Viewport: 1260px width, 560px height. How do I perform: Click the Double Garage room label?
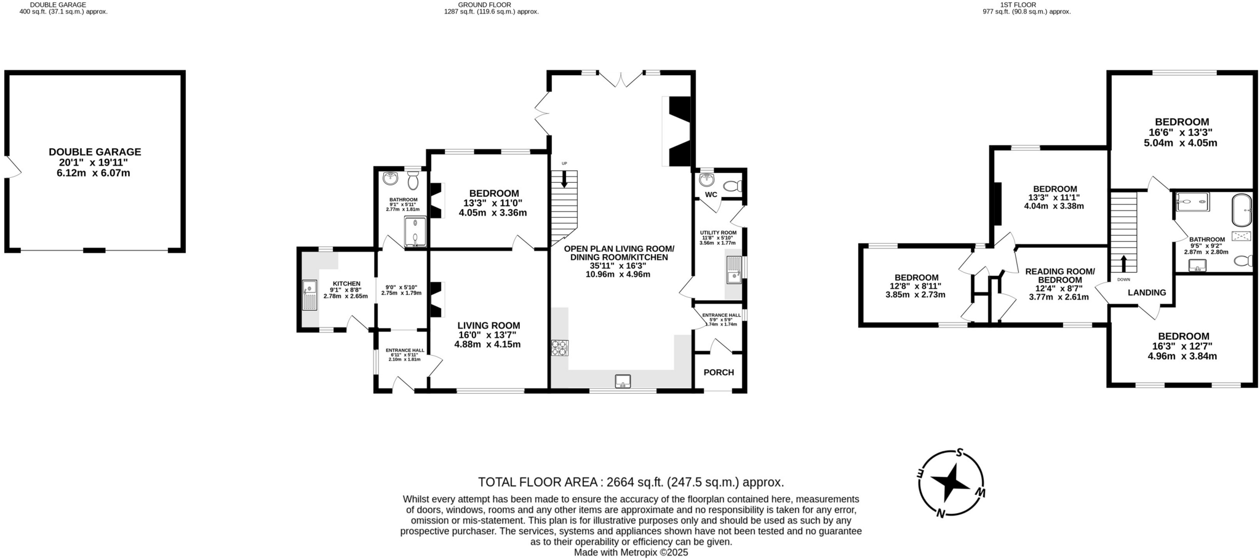(x=95, y=152)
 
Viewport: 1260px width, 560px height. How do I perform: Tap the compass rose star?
(x=951, y=483)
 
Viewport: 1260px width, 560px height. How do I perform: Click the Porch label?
(x=719, y=372)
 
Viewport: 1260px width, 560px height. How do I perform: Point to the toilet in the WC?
(x=732, y=186)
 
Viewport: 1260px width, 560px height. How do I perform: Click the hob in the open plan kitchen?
(x=560, y=348)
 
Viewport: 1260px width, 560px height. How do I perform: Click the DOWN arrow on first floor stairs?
(x=1123, y=263)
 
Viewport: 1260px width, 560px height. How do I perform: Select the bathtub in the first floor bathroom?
(x=1242, y=211)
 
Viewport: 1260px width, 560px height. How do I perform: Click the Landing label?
(x=1147, y=293)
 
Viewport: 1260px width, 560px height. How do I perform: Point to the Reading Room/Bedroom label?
(x=1059, y=276)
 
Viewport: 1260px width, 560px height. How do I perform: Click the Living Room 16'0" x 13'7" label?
(x=488, y=326)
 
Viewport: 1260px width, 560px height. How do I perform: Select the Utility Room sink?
(x=734, y=270)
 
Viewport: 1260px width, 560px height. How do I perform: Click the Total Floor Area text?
(x=631, y=482)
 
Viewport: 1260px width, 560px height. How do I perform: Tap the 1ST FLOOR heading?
(x=1026, y=4)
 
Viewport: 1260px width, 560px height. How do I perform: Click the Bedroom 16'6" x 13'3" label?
(x=1181, y=122)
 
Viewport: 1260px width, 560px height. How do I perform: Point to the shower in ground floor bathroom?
(x=415, y=231)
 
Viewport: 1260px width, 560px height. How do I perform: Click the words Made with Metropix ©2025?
(x=631, y=553)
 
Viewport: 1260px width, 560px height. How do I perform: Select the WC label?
(x=711, y=194)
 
